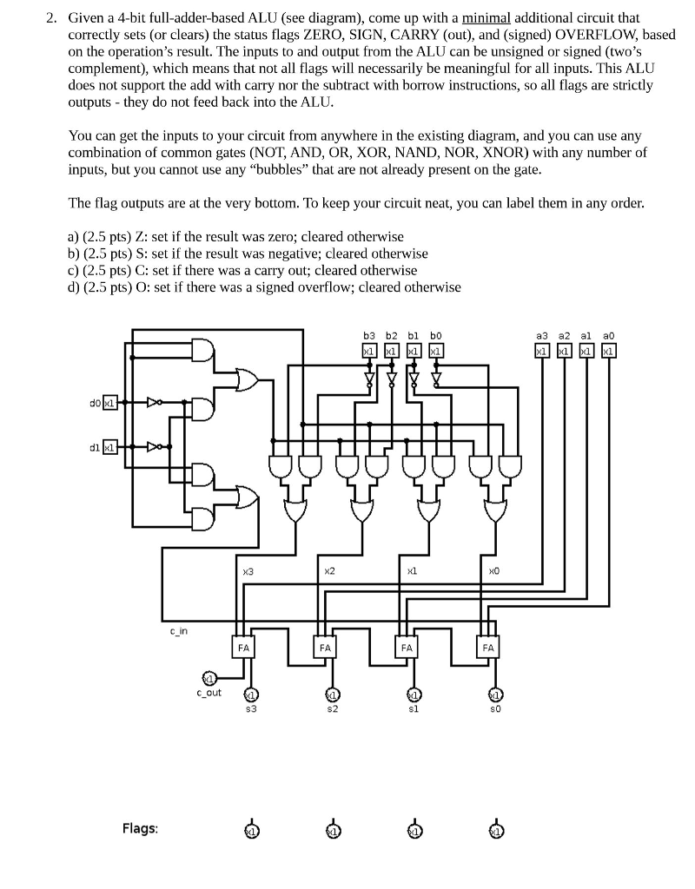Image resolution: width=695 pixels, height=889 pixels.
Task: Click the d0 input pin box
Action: [109, 403]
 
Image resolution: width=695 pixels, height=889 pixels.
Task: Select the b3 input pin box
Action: [368, 351]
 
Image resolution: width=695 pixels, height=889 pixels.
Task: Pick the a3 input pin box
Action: [542, 351]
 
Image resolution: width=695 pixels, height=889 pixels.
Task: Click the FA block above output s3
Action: [244, 648]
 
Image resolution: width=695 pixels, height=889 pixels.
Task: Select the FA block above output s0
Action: [488, 648]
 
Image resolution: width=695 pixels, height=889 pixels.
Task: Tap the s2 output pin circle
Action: [331, 695]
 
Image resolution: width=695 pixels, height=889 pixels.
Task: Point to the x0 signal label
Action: [493, 570]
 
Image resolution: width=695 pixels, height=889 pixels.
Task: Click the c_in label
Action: [179, 630]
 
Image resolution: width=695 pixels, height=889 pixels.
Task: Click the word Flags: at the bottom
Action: [140, 828]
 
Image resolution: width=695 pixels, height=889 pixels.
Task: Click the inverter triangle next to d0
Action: [154, 403]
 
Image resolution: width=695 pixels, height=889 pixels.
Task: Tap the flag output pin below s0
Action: [496, 830]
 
